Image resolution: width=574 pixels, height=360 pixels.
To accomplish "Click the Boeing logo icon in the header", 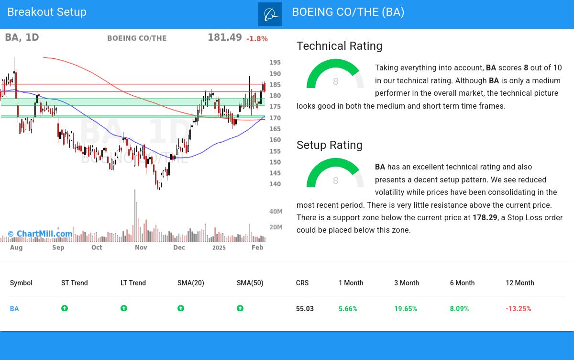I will coord(270,14).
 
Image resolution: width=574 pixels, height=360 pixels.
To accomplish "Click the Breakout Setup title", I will coord(47,12).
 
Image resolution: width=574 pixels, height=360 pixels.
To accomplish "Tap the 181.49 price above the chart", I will coord(224,37).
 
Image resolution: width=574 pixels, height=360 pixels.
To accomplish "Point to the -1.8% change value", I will coord(257,39).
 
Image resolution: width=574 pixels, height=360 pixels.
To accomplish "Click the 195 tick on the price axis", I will coord(275,63).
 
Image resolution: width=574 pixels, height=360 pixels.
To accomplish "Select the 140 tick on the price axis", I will coord(275,184).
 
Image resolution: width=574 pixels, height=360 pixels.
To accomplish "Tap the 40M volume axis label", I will coord(276,212).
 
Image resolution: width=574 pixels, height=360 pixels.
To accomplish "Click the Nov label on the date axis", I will coord(141,247).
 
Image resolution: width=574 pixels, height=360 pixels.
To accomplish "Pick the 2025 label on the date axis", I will coord(219,247).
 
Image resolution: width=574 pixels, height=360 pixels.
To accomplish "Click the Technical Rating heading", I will coord(339,46).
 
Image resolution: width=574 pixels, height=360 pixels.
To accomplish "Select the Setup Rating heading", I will coord(329,145).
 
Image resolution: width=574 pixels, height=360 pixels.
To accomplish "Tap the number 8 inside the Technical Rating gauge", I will coord(335,82).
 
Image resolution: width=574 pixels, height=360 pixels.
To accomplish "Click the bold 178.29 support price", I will coord(485,218).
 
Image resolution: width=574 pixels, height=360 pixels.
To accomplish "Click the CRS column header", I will coord(302,283).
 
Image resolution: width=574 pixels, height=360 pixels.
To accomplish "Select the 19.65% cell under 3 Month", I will coord(405,309).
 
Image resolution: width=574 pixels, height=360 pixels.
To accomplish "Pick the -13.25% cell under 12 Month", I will coord(518,309).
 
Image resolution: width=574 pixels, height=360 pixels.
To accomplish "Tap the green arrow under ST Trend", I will coord(65,308).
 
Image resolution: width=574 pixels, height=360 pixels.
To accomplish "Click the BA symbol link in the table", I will coord(14,309).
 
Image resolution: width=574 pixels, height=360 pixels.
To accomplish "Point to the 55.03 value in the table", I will coord(305,309).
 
